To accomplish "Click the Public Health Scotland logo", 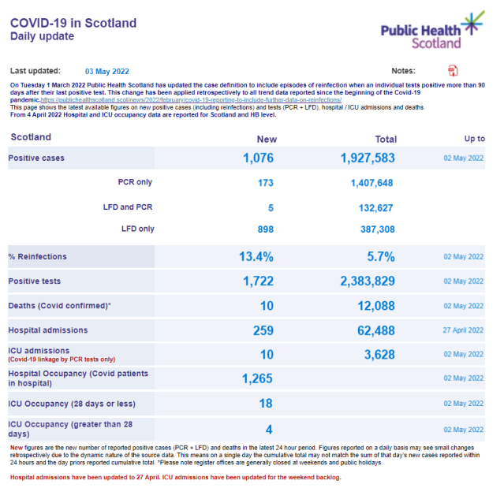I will pos(431,32).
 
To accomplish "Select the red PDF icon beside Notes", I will pos(453,71).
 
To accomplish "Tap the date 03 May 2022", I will pos(107,71).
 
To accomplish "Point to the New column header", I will pos(267,139).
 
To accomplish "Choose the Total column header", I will pos(386,139).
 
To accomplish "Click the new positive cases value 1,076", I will pos(259,158).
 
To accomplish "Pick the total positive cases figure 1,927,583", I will pos(368,158).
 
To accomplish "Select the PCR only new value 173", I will pos(265,183).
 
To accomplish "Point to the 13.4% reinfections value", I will pos(256,257).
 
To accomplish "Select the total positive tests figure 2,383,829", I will pos(368,281).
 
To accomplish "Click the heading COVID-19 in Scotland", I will pos(73,23).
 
